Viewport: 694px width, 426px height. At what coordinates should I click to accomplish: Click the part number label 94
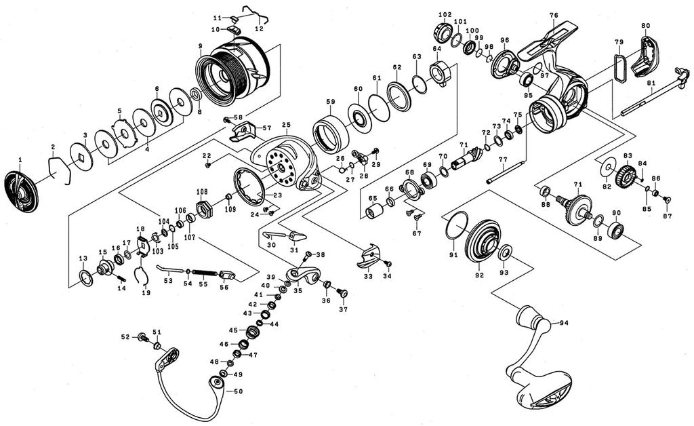563,323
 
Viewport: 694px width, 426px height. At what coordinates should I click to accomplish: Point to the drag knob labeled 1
20,191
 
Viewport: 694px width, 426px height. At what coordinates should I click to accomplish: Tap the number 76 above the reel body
554,16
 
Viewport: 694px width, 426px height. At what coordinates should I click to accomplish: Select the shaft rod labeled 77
506,171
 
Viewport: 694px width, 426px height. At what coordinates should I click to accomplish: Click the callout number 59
330,102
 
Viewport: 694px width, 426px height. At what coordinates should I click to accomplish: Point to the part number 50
238,392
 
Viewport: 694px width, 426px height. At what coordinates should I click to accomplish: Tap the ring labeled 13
87,277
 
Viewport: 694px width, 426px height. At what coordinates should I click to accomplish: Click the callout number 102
445,15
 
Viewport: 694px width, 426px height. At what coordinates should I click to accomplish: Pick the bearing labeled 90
616,231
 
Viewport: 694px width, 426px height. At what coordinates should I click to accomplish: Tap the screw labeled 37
342,293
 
